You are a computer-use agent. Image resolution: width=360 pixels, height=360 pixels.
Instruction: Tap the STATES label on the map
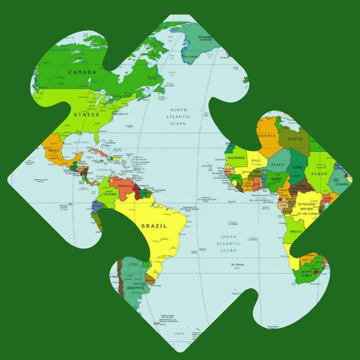(x=86, y=113)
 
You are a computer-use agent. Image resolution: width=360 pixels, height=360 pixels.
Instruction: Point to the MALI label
(x=256, y=162)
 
